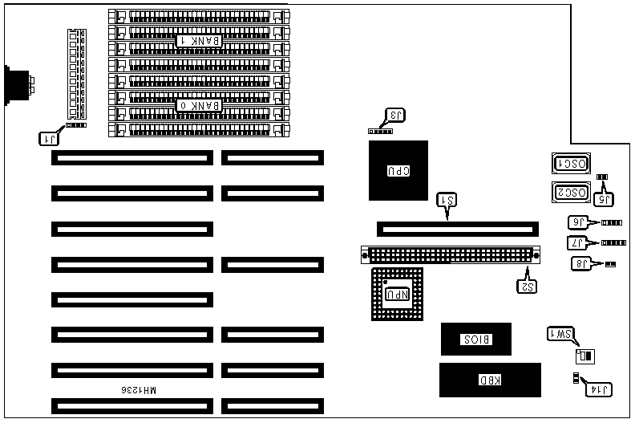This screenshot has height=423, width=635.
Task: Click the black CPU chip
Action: pos(398,170)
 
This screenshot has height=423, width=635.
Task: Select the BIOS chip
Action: pos(476,340)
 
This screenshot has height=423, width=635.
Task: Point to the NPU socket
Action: pos(398,294)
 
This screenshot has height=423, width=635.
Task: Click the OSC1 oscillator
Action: pos(571,165)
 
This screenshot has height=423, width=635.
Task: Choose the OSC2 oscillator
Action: pos(571,193)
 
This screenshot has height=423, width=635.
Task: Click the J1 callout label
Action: pos(50,137)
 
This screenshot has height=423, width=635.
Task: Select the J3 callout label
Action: pos(395,115)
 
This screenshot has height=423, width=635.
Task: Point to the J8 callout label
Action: pos(581,263)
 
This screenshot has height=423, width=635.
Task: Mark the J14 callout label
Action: pos(599,389)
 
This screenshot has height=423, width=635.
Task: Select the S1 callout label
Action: pos(447,201)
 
